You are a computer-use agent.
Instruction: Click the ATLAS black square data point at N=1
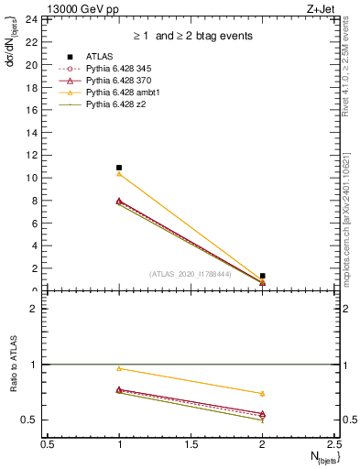click(119, 168)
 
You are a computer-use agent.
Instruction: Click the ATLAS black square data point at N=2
click(263, 276)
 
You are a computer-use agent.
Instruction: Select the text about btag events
click(190, 36)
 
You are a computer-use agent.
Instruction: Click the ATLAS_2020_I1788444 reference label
click(191, 274)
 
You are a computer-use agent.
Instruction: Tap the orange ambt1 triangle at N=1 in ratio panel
click(119, 368)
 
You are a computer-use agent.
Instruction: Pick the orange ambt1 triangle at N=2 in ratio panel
click(263, 394)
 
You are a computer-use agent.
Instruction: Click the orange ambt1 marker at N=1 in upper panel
click(119, 174)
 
